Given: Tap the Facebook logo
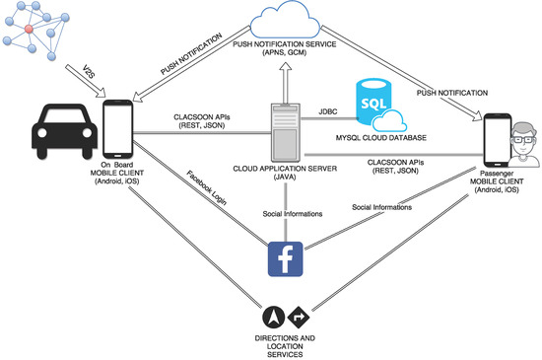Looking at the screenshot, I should (x=286, y=257).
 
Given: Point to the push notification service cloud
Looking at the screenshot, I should (x=287, y=25).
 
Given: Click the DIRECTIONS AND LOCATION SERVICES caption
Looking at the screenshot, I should (x=286, y=345).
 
